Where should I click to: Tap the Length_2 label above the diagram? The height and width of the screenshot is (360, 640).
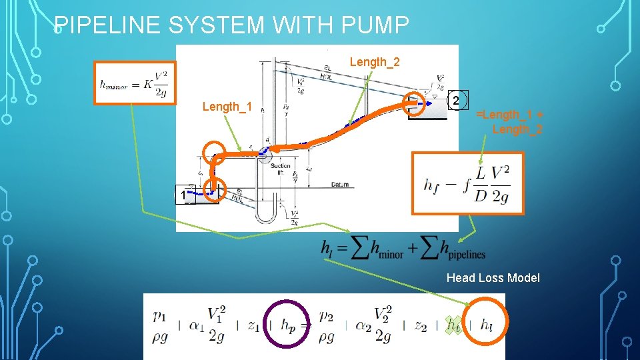375,62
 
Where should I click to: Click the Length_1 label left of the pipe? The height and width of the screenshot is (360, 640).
227,107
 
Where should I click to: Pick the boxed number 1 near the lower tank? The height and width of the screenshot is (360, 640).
181,195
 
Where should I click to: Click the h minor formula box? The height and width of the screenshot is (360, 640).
135,83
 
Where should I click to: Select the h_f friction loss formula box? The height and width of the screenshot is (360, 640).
468,183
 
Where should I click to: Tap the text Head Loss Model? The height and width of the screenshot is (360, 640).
493,277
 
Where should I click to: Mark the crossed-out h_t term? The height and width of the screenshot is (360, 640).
454,325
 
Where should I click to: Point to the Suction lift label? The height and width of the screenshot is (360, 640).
281,169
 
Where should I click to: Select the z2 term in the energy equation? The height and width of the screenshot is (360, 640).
420,325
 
